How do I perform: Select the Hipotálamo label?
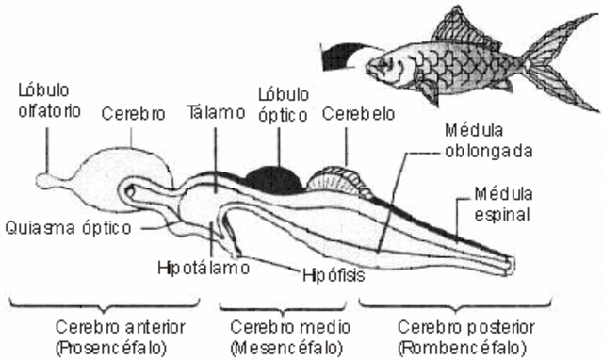point(203,267)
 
